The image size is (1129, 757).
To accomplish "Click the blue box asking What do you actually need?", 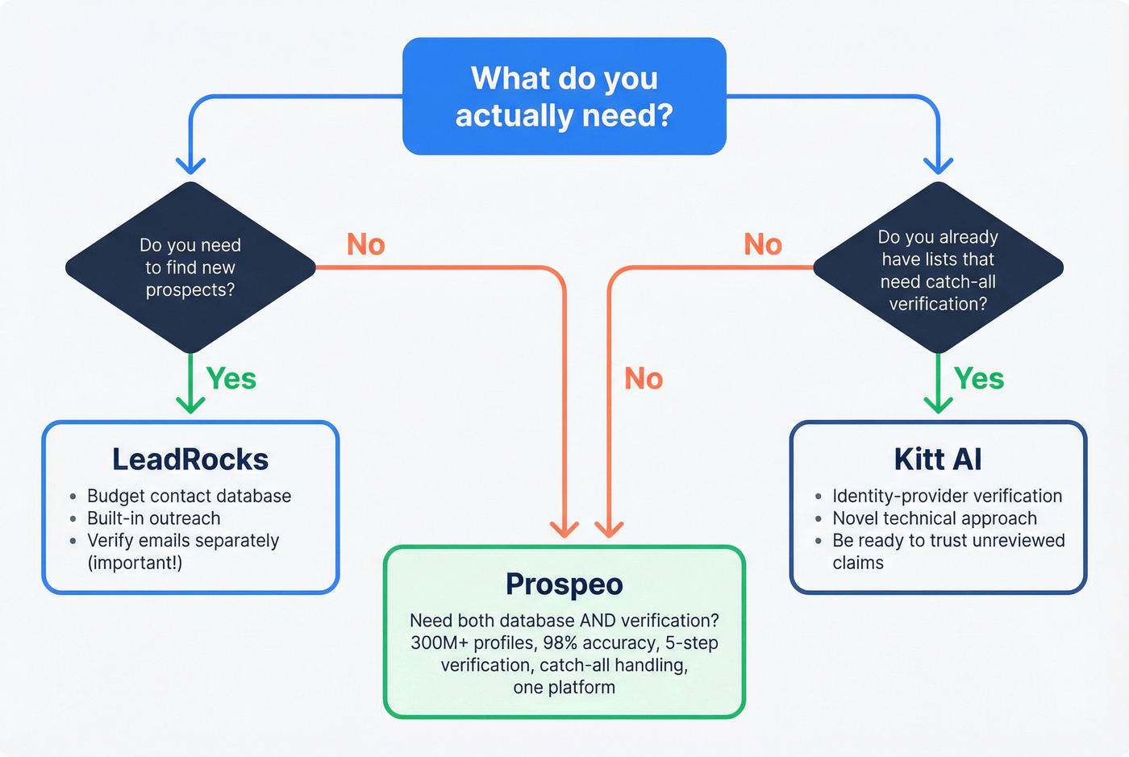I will (x=564, y=96).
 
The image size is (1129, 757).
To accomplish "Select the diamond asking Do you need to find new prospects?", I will (x=190, y=268).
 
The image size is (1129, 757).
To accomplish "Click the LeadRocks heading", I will (x=190, y=460).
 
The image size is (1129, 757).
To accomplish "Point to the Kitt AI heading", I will (x=938, y=460).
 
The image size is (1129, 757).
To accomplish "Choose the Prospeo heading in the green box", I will (x=564, y=584).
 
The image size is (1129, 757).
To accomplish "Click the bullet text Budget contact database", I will (x=189, y=497).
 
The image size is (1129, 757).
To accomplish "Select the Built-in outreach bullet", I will (x=153, y=518).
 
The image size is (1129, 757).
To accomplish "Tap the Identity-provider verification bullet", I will (x=947, y=497).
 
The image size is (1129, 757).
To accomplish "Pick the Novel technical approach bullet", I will (x=935, y=518).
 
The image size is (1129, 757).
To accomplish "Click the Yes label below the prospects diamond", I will (x=231, y=379).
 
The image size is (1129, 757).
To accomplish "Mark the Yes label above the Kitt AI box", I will (x=979, y=379).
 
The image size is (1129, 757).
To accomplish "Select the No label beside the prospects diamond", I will (x=365, y=245).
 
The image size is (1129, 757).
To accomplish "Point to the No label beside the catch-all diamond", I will (x=763, y=245).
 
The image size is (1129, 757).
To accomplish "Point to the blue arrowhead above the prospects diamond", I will (x=190, y=165).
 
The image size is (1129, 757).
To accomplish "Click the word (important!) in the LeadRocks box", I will (x=135, y=563).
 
